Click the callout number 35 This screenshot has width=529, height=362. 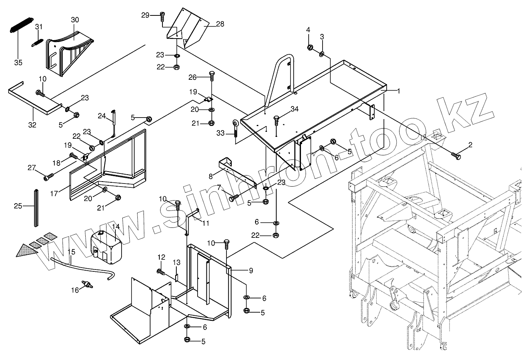tap(18, 62)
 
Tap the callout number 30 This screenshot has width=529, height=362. tap(75, 19)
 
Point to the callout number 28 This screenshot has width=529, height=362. tap(220, 24)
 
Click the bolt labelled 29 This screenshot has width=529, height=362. tap(162, 15)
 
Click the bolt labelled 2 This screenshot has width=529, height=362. tap(456, 156)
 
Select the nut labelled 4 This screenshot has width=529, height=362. tap(309, 47)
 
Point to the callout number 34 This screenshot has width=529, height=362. tap(294, 109)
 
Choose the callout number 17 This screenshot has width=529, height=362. tap(54, 194)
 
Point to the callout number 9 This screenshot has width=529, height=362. tap(251, 271)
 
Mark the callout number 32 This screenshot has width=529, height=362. tap(32, 125)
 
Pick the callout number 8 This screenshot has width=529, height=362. tap(211, 177)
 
